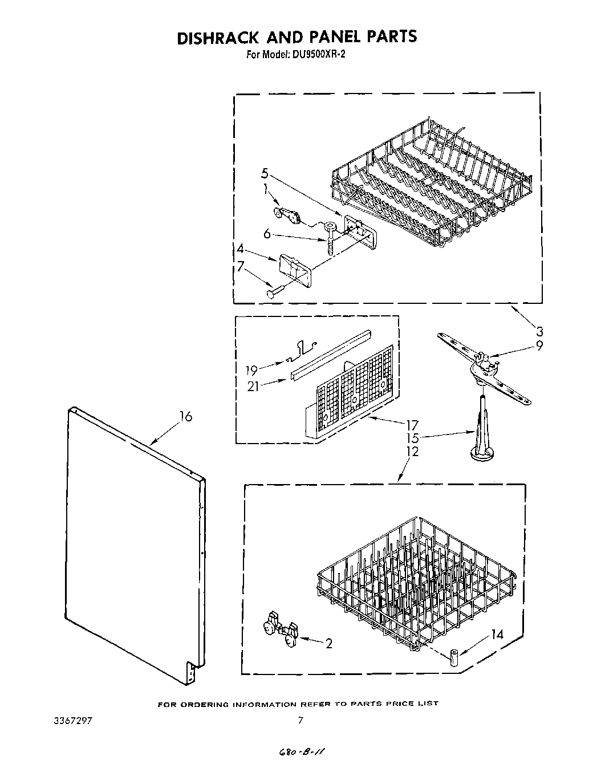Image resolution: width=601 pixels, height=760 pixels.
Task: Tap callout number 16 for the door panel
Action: [185, 417]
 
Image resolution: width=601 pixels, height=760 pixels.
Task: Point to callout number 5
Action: [265, 174]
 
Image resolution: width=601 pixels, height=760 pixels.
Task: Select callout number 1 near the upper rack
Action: [265, 191]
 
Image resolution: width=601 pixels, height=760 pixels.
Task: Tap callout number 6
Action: [266, 233]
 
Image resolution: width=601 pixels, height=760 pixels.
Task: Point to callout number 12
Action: [413, 452]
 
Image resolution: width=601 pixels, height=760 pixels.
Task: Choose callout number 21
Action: [253, 386]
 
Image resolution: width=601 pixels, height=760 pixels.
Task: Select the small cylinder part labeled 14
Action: [454, 657]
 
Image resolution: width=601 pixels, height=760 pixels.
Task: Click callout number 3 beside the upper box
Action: [539, 331]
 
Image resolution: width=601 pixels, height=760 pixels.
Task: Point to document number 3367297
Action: [71, 720]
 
